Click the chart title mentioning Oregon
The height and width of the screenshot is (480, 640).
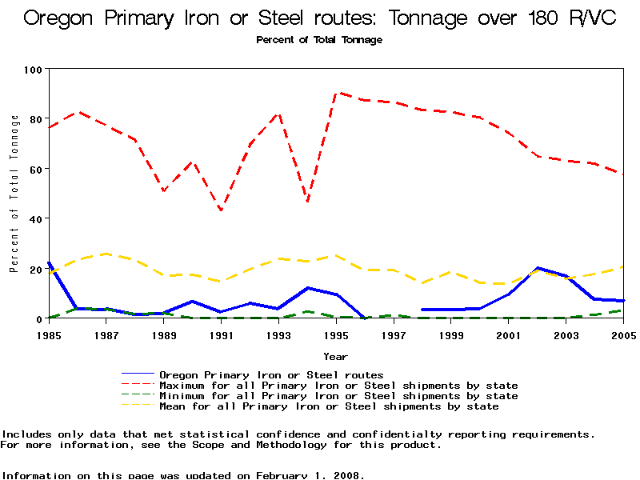coord(320,18)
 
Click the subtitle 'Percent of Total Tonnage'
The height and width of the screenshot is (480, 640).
coord(319,40)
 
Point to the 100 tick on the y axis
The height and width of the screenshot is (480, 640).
coord(33,70)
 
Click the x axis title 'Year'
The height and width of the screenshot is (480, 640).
coord(335,356)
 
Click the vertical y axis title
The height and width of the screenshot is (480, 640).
coord(14,194)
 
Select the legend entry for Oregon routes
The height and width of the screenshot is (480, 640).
coord(271,374)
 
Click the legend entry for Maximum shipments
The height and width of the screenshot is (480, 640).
coord(338,386)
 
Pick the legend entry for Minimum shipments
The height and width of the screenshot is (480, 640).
coord(338,396)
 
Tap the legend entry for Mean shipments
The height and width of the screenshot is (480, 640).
coord(329,406)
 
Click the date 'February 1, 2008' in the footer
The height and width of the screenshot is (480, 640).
coord(310,475)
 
